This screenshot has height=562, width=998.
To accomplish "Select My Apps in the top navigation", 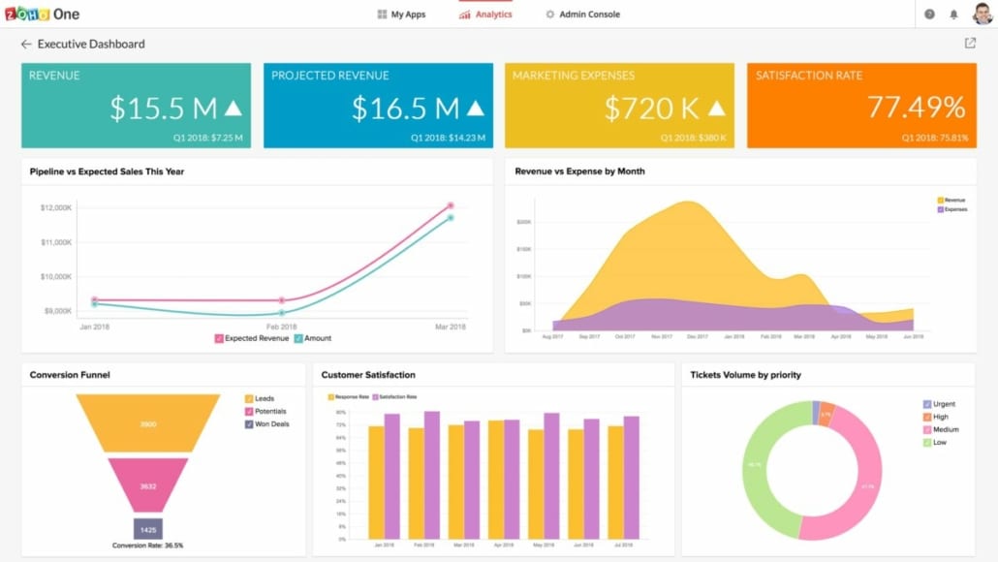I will pos(401,15).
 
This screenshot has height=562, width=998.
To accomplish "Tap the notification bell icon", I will pos(953,15).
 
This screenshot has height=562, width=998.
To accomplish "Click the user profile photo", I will pos(982,15).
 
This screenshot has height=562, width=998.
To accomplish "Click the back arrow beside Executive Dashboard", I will pos(26,45).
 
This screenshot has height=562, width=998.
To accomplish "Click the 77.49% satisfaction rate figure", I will pos(916,107).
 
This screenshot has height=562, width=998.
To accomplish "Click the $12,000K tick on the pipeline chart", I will pos(55,207).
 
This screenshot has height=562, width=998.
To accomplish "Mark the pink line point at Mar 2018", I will pos(451,205).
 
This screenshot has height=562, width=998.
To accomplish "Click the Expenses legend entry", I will pos(953,209).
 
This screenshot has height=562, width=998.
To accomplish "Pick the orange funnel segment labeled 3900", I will pos(148,424).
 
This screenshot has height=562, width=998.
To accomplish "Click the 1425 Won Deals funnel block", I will pos(148,530).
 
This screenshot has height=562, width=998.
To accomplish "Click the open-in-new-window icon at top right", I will pos(970,44).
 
